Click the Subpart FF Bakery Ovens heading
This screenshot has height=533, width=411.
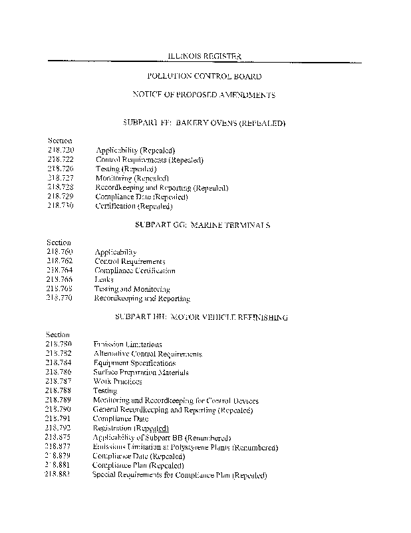[204, 123]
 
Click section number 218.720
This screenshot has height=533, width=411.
[61, 151]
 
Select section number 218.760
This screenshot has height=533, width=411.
[60, 252]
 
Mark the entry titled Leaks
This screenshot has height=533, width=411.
[104, 280]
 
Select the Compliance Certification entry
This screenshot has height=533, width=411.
[135, 270]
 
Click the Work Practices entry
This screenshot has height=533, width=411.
[118, 382]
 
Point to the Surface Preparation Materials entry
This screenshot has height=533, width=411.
[141, 372]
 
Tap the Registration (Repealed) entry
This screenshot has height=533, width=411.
[131, 428]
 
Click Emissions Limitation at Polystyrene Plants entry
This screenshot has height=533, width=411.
[185, 447]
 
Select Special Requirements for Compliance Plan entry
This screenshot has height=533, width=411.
[180, 476]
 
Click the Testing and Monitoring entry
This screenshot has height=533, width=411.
[132, 289]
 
